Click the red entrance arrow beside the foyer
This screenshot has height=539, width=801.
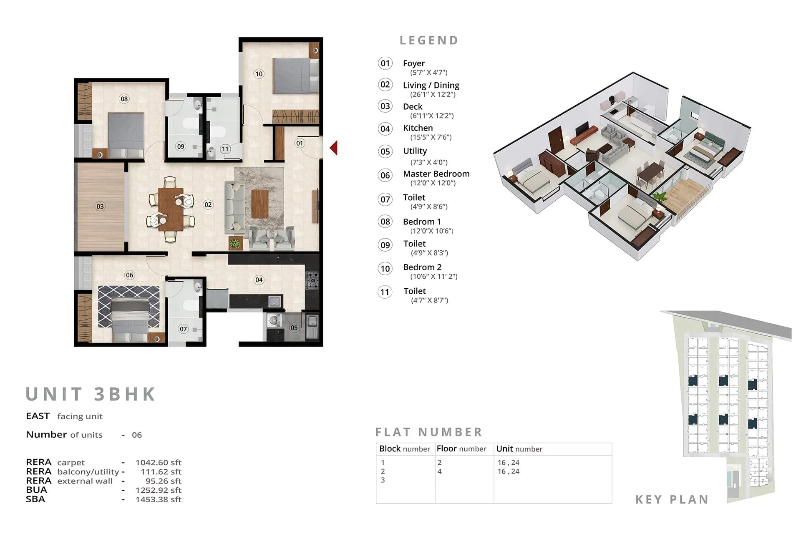coord(333,148)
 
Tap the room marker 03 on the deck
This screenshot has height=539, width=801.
coord(100,206)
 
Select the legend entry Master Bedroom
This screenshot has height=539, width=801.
coord(436,174)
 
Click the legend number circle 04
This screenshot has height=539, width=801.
coord(385,129)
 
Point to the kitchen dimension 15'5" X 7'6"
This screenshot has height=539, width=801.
coord(431,137)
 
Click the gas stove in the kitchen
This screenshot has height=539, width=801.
coord(312,280)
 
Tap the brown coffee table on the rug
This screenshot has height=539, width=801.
coord(259,204)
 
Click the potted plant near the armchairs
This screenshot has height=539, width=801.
coord(235,243)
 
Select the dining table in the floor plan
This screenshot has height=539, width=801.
coord(171,209)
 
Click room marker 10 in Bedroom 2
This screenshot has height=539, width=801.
coord(259,74)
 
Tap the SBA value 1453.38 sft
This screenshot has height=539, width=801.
coord(158,499)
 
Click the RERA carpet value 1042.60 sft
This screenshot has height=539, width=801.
coord(158,463)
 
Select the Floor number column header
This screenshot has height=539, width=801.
coord(461,449)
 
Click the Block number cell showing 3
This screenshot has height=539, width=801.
coord(383,480)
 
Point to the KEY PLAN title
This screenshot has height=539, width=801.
coord(672,499)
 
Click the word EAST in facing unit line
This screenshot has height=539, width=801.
coord(38,416)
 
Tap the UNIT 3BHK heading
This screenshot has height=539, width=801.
coord(91,394)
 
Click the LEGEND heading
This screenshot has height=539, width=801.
coord(429,40)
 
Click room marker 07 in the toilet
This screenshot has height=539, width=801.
coord(183,329)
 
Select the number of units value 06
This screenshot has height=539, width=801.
coord(137,435)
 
